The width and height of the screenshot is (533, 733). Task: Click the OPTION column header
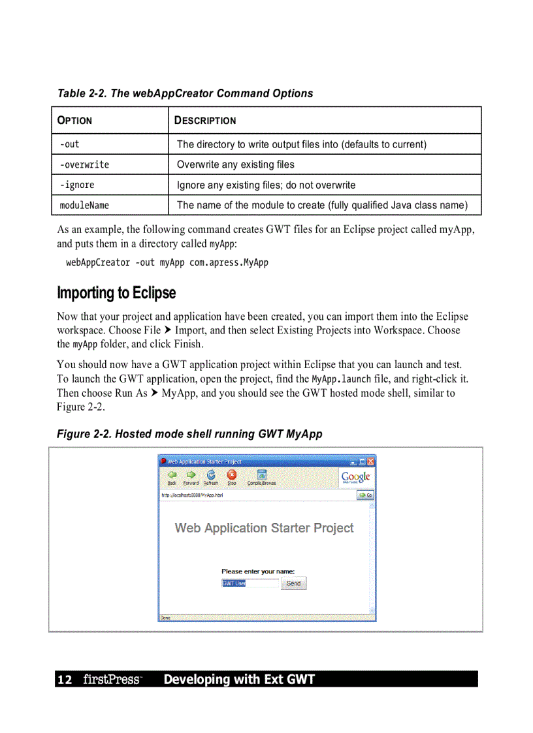pyautogui.click(x=75, y=121)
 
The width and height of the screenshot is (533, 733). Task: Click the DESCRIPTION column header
pyautogui.click(x=205, y=121)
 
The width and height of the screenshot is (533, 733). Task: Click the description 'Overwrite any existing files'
pyautogui.click(x=236, y=164)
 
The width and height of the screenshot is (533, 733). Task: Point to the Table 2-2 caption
pyautogui.click(x=185, y=93)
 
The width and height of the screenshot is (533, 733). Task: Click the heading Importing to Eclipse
pyautogui.click(x=116, y=292)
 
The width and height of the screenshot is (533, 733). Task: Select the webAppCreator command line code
pyautogui.click(x=167, y=262)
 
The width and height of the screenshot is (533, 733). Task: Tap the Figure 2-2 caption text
pyautogui.click(x=189, y=434)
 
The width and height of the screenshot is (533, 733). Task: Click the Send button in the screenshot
pyautogui.click(x=293, y=584)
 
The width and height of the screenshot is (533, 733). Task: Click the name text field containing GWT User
pyautogui.click(x=250, y=584)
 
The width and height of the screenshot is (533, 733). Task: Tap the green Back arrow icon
pyautogui.click(x=172, y=476)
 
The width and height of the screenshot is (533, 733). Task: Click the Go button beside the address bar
pyautogui.click(x=364, y=495)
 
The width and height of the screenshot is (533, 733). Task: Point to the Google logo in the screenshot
pyautogui.click(x=356, y=477)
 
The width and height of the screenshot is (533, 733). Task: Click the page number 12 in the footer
pyautogui.click(x=65, y=680)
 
